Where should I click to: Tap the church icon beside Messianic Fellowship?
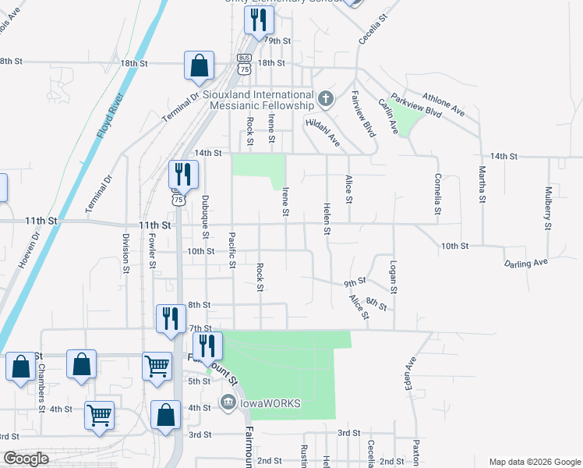[326, 99]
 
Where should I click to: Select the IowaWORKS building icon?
[227, 402]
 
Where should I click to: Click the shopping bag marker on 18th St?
[199, 66]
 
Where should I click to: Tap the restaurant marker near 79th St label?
[258, 19]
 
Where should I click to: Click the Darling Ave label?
[526, 264]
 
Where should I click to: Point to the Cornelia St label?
[438, 193]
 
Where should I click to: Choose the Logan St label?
[394, 277]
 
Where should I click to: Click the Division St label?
[125, 252]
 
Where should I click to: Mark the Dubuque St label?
[206, 216]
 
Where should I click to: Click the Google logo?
[26, 458]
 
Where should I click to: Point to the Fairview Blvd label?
[363, 114]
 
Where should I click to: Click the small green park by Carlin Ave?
[406, 118]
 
